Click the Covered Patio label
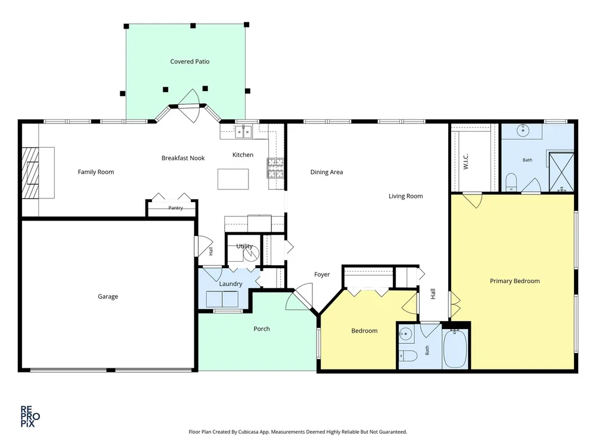190,61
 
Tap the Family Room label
96,172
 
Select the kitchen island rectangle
233,179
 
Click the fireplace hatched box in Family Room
30,173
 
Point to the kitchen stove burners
275,169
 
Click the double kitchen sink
243,132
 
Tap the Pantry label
176,208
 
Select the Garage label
108,296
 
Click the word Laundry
230,284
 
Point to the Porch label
262,329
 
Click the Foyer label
322,274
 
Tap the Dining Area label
327,172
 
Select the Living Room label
405,196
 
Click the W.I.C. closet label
466,162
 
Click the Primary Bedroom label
515,281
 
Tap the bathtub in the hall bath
455,349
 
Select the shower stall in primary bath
561,172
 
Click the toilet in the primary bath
511,182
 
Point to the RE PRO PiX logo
30,417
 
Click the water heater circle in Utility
251,253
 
